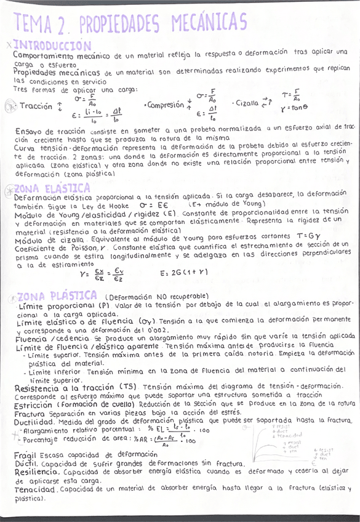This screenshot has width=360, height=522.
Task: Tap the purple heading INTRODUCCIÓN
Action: pos(52,46)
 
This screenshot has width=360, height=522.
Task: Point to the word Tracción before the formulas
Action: pos(36,106)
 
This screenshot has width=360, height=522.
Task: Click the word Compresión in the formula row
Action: pos(166,105)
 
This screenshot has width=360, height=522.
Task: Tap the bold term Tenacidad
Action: pos(36,489)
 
